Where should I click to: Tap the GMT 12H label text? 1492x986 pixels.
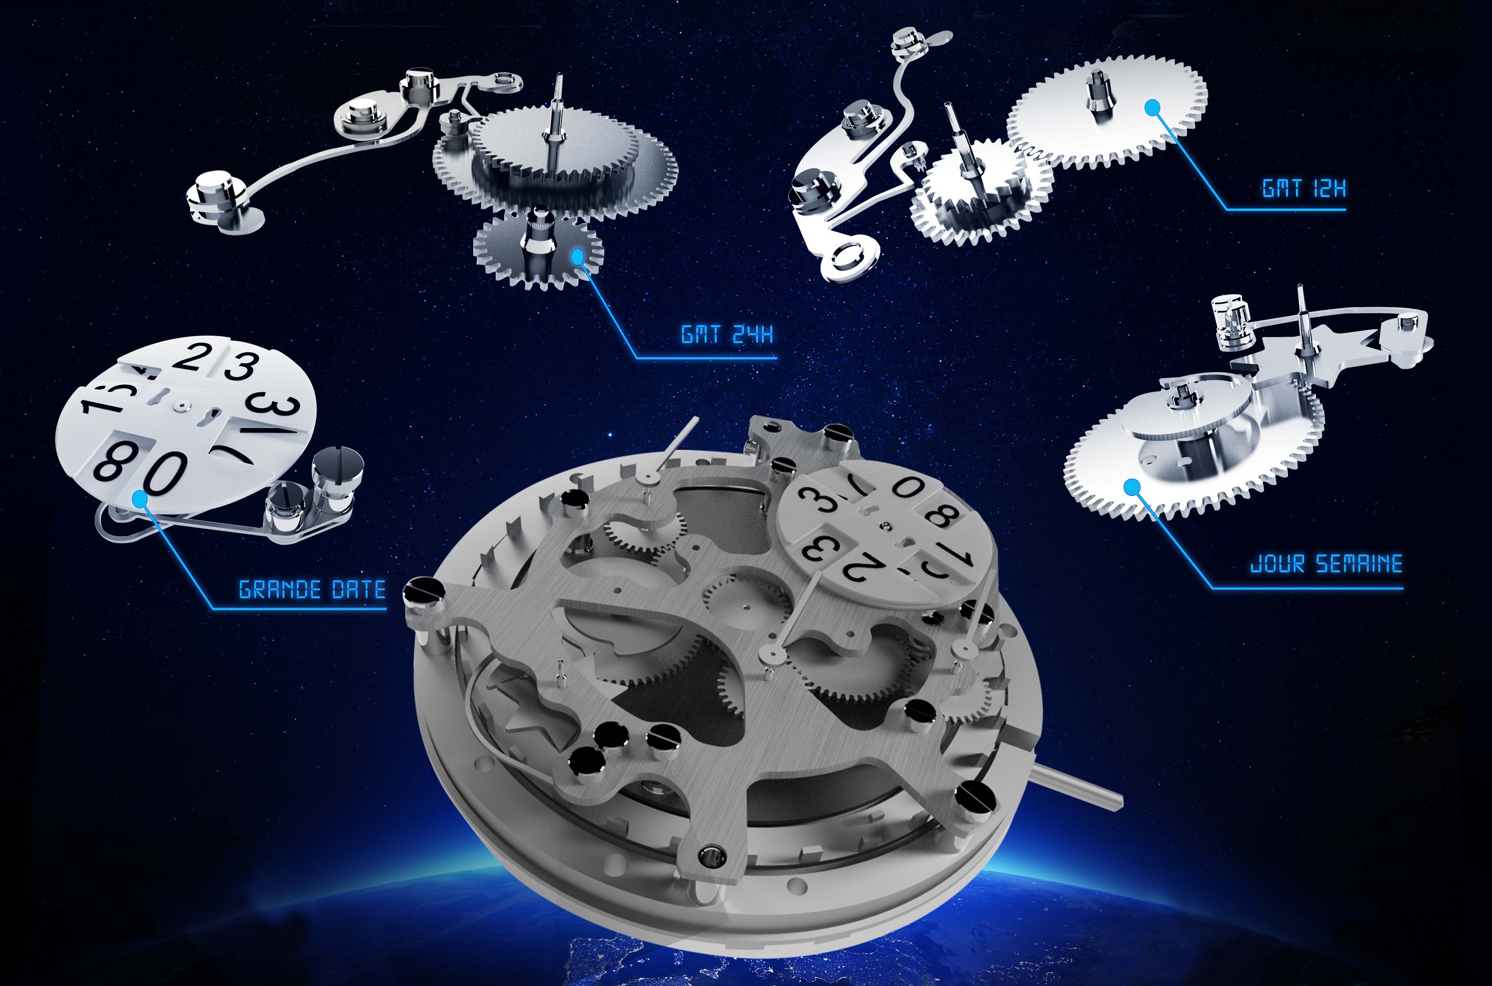click(x=1304, y=188)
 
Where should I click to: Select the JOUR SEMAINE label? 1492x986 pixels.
click(x=1326, y=563)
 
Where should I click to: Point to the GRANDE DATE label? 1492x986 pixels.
click(x=312, y=589)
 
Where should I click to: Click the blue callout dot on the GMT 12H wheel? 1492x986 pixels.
click(x=1151, y=108)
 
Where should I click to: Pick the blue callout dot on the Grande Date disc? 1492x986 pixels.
click(x=140, y=499)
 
